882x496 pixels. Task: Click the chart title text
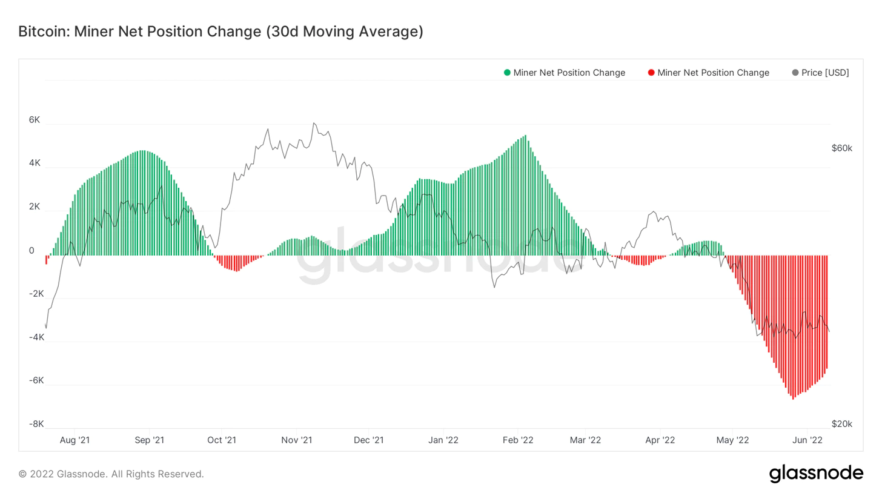(x=220, y=31)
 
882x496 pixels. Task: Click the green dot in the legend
(x=507, y=73)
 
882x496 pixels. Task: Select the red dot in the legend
(x=651, y=73)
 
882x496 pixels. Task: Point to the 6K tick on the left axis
(x=34, y=120)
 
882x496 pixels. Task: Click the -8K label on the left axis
(x=36, y=424)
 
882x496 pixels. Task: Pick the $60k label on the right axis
(x=841, y=148)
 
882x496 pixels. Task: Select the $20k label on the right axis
(x=841, y=424)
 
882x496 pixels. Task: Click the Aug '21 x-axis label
(x=75, y=440)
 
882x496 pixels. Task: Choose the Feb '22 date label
(x=519, y=440)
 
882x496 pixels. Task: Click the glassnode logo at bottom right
(x=816, y=473)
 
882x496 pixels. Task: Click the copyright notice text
(x=111, y=474)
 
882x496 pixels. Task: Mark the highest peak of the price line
(x=314, y=124)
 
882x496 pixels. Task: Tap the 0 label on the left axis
(x=31, y=251)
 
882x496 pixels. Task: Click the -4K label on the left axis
(x=36, y=337)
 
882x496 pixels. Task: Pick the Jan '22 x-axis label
(x=443, y=440)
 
